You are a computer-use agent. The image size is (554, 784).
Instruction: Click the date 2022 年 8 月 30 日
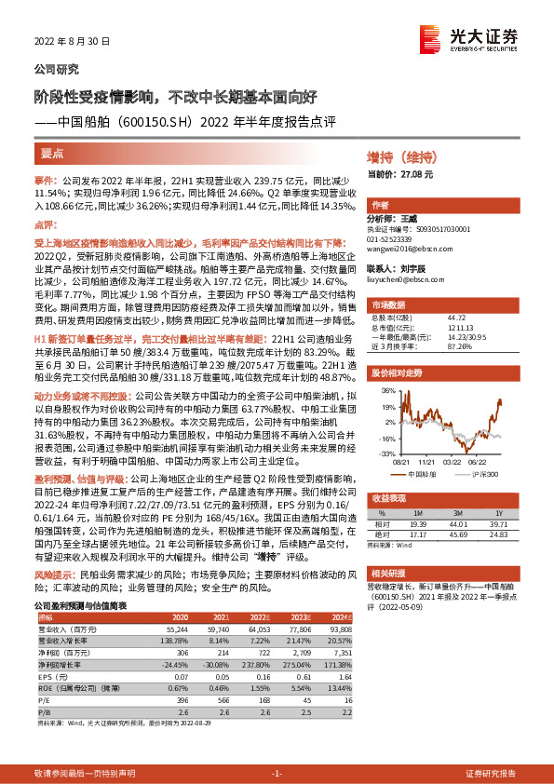tap(73, 42)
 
